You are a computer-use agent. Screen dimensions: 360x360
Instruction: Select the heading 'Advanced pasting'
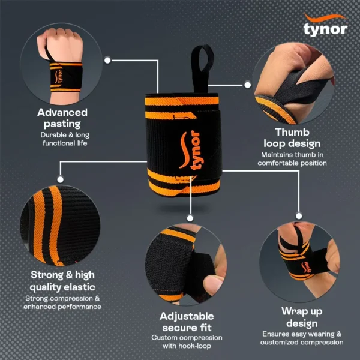62,118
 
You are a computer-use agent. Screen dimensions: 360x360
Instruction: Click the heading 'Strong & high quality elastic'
62,281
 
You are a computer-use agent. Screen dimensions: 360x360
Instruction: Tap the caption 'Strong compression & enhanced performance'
62,302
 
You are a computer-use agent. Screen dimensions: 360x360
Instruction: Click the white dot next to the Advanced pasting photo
107,60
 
